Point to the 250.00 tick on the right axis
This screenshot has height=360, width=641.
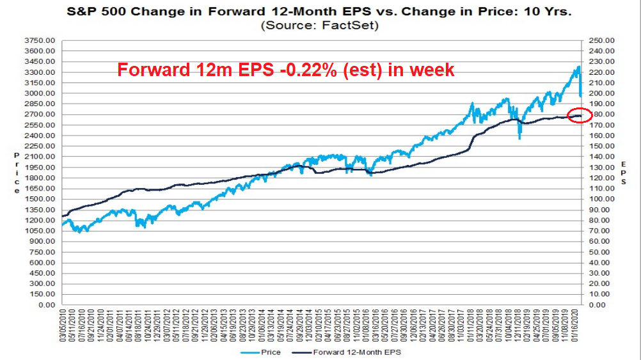tap(599, 41)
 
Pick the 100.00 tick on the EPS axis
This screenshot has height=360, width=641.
tap(599, 200)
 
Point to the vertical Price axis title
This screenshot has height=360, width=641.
tap(16, 173)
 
